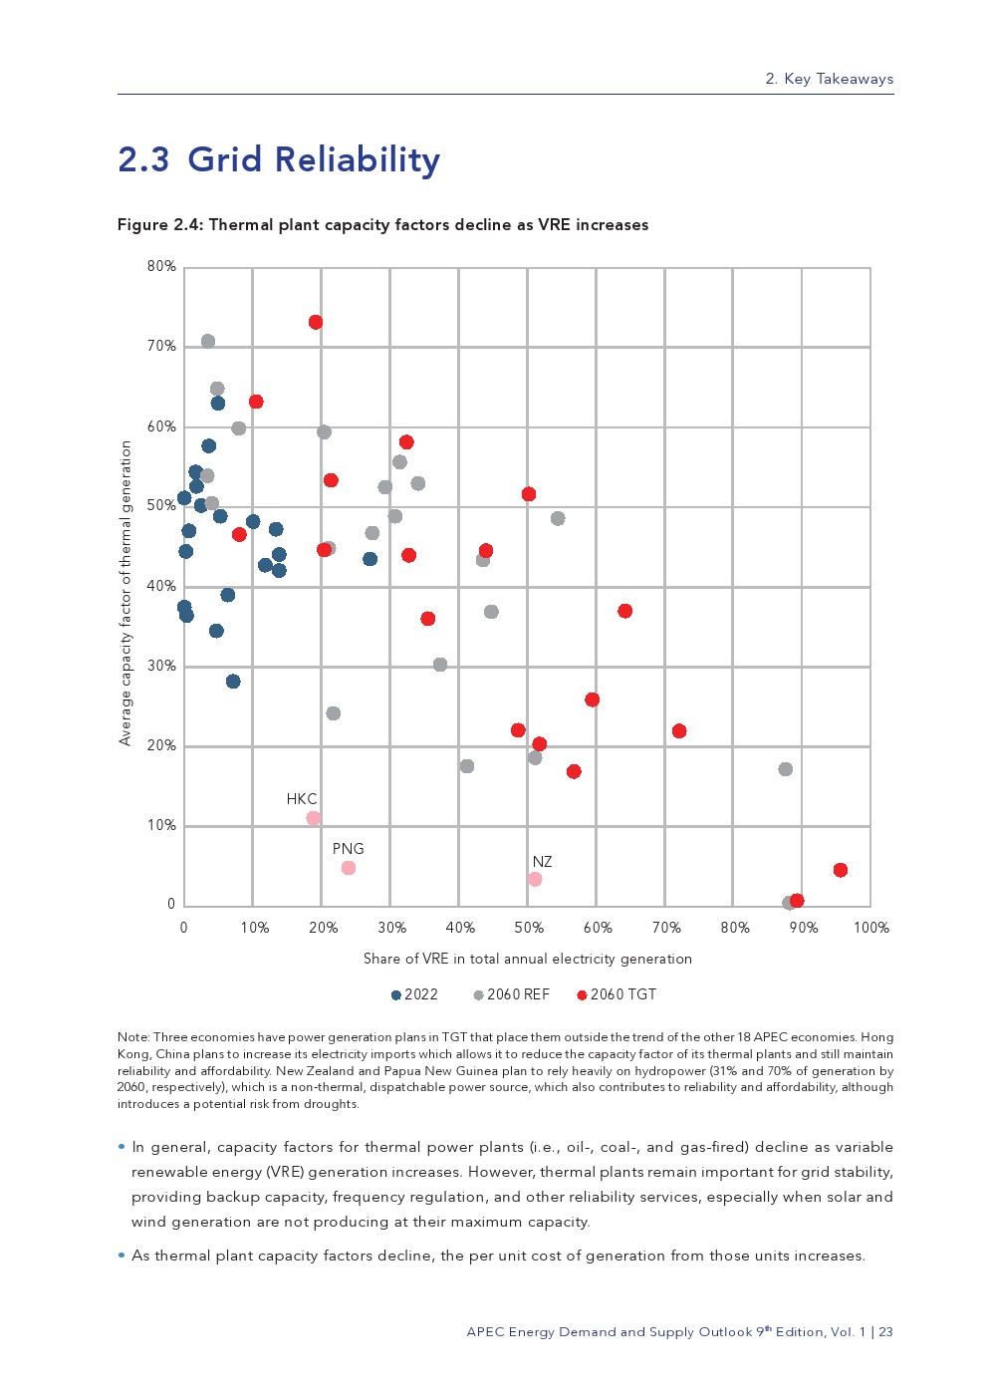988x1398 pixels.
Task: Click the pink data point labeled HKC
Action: click(x=314, y=818)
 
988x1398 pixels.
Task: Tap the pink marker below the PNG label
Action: click(x=349, y=868)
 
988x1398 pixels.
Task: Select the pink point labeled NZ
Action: click(x=535, y=879)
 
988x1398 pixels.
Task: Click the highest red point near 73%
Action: click(x=316, y=322)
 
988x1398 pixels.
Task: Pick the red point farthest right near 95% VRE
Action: click(x=841, y=870)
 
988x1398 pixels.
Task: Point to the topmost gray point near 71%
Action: click(x=208, y=341)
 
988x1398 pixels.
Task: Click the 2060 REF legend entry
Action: click(x=511, y=994)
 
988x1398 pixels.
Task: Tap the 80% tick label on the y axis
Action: click(x=161, y=266)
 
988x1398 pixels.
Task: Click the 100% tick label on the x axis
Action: click(x=871, y=928)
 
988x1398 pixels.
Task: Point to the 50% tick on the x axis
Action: click(x=529, y=928)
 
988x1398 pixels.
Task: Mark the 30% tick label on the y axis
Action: click(x=161, y=666)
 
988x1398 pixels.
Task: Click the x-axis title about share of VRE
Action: click(x=527, y=959)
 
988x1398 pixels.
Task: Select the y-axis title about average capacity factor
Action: click(x=125, y=593)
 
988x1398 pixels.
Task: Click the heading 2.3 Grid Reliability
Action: click(x=279, y=159)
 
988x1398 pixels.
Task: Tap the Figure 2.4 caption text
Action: click(x=382, y=225)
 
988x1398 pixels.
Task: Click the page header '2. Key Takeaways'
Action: click(x=829, y=79)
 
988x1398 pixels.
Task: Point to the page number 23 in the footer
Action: click(x=885, y=1332)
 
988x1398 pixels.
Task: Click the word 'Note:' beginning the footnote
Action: click(x=133, y=1037)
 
